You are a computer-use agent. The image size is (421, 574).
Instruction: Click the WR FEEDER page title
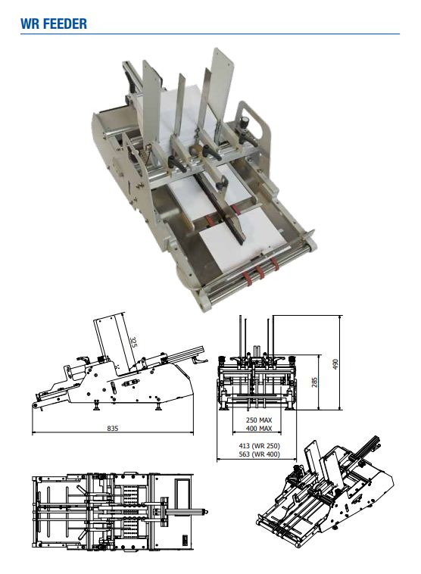click(54, 23)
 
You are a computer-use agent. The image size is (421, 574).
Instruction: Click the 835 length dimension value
click(112, 428)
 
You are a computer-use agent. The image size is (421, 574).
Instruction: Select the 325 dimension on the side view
click(133, 342)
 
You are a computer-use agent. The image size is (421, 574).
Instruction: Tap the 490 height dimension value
click(335, 364)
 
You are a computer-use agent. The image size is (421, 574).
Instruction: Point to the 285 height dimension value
click(314, 382)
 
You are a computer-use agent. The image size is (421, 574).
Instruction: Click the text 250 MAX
click(259, 420)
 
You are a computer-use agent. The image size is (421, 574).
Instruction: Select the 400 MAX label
click(259, 429)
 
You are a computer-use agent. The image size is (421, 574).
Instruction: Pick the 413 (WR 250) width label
click(259, 446)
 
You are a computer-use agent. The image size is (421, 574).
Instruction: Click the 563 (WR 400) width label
click(259, 454)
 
